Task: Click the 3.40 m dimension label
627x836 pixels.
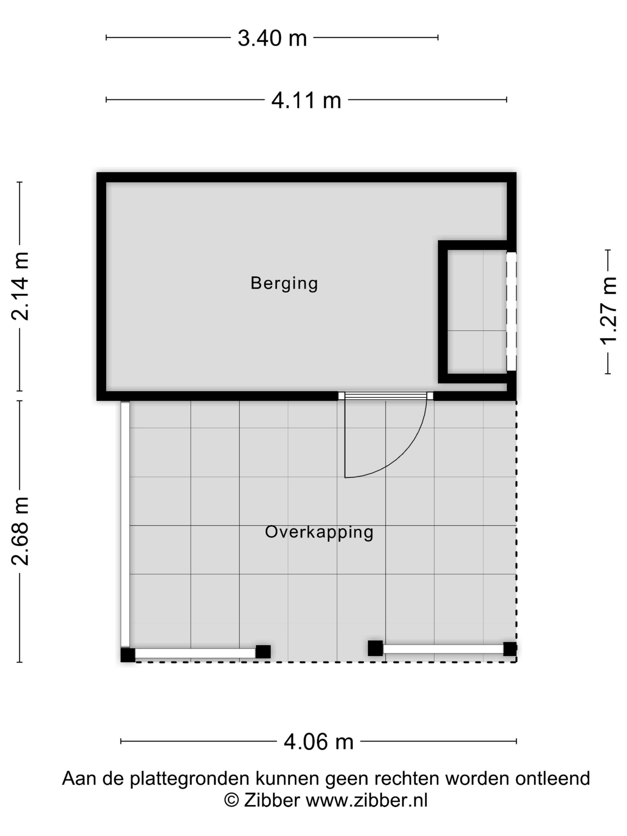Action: (x=272, y=38)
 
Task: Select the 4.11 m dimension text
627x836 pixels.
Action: (x=306, y=101)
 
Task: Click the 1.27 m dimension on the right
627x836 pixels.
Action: (x=608, y=311)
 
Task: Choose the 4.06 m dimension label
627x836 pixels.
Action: (x=318, y=742)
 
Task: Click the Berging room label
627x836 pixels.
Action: (x=284, y=283)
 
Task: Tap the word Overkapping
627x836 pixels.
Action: (x=319, y=532)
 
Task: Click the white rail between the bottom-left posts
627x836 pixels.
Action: (x=195, y=653)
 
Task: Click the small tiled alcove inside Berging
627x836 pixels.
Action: (x=477, y=311)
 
